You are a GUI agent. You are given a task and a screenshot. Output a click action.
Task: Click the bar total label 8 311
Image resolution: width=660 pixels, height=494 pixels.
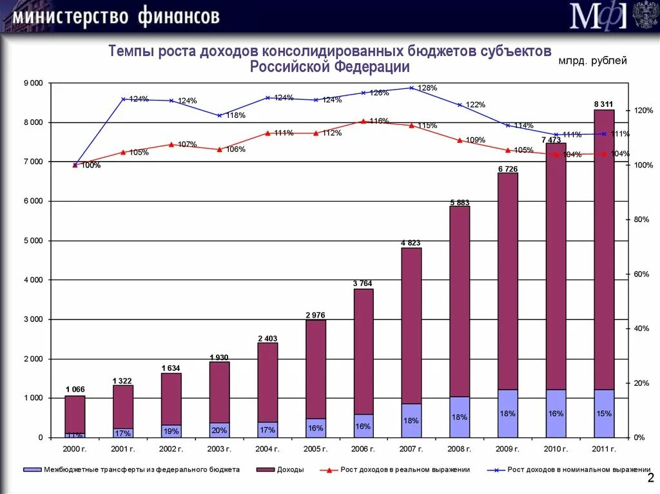coord(604,104)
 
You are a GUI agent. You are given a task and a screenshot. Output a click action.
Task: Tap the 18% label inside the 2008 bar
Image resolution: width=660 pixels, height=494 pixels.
coord(459,417)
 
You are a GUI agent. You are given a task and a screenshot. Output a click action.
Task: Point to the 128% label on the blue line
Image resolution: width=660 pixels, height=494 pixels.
coord(427,88)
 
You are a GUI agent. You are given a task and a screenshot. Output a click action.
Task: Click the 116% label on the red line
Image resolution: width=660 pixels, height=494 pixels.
coord(379,120)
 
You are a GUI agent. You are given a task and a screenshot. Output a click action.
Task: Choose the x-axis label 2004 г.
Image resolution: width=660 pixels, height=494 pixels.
coord(267,449)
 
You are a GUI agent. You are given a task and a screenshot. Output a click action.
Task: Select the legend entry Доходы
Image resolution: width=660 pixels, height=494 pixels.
coord(290,470)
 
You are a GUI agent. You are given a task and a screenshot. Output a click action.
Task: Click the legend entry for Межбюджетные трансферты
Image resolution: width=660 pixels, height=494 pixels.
coord(142,470)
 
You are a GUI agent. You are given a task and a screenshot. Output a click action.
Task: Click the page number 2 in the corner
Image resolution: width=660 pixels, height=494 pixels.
coord(650,477)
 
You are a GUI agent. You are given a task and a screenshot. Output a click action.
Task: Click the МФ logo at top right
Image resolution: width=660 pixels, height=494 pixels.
coord(597,15)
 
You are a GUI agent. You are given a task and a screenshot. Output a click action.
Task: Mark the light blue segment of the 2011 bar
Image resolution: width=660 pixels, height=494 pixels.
coord(604,413)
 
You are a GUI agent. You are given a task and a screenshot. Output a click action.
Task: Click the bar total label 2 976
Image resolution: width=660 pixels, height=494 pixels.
coord(315,315)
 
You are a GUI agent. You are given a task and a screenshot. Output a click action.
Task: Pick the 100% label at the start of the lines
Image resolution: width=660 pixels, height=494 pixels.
coord(91,166)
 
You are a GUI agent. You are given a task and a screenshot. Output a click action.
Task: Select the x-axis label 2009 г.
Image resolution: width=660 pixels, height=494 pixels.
coord(508,449)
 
